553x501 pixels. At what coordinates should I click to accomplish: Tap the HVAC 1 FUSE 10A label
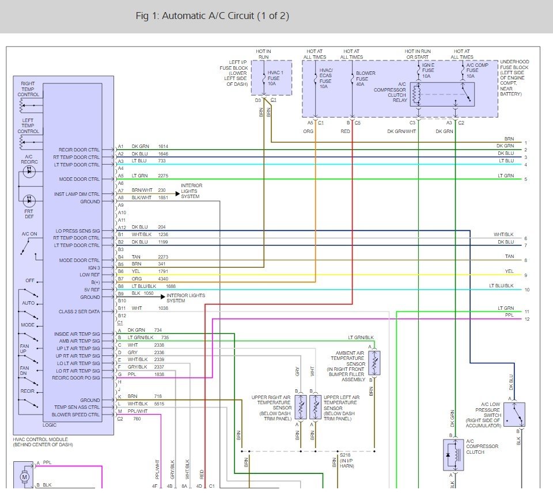[275, 78]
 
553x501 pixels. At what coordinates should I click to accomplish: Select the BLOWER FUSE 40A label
[365, 79]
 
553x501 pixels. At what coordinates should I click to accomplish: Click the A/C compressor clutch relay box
[442, 94]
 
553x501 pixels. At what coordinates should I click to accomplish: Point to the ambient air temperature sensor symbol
[374, 362]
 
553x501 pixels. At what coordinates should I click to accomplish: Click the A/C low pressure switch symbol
[514, 415]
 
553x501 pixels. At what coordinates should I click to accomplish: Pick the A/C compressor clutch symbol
[453, 455]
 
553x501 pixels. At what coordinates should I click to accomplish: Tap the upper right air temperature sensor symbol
[301, 407]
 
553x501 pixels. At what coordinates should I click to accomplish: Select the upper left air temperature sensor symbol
[315, 407]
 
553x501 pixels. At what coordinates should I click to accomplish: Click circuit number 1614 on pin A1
[163, 146]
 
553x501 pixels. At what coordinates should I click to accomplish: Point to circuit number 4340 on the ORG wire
[163, 279]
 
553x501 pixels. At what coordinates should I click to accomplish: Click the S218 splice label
[345, 455]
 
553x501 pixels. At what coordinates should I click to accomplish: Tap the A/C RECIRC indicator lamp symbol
[29, 172]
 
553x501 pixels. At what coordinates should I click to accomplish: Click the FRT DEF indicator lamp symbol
[29, 201]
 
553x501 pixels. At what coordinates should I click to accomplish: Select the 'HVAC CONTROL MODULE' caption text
[40, 439]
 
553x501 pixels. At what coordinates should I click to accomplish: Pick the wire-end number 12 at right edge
[527, 319]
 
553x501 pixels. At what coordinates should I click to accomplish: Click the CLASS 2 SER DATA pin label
[79, 312]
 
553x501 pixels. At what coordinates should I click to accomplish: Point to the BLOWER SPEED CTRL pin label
[75, 415]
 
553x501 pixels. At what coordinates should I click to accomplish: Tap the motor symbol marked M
[24, 477]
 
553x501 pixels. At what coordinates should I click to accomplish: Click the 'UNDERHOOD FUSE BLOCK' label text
[514, 64]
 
